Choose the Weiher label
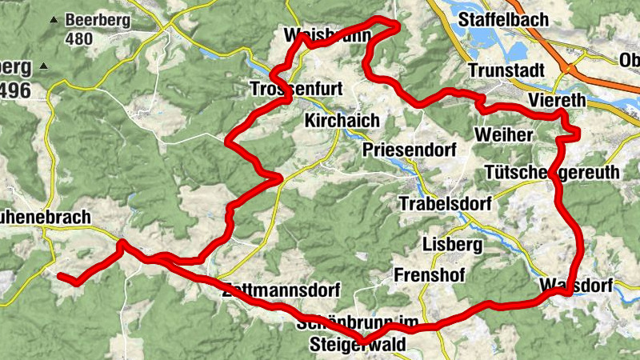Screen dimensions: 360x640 tap(503, 134)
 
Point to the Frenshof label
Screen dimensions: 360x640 tap(430, 275)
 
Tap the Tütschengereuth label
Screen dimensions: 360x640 tap(551, 173)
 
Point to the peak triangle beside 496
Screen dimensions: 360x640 tap(43, 66)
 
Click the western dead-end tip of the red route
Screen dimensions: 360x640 tap(60, 276)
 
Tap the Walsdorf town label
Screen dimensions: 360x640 tap(576, 286)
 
